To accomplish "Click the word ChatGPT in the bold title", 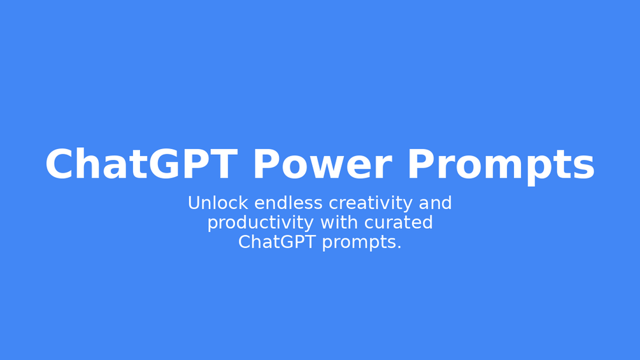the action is tap(141, 164).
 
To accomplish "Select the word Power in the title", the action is tap(323, 164).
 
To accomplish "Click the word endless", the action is tap(288, 203).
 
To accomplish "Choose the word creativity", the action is tap(371, 204).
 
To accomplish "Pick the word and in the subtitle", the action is tap(435, 203).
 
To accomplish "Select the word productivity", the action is tap(261, 224).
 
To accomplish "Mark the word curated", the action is tap(399, 222).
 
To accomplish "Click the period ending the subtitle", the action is tap(399, 247).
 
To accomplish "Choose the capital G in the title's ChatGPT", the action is tap(164, 164).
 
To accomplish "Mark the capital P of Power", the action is tap(266, 164).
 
